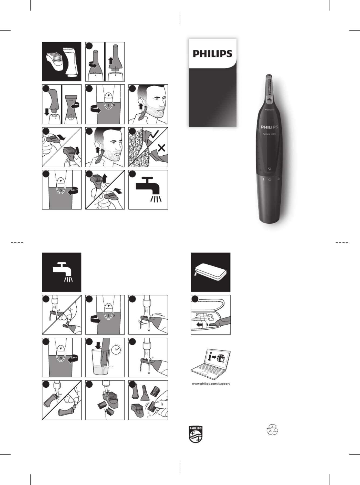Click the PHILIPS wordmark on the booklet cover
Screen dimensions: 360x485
point(212,53)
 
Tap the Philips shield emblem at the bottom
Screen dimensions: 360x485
point(196,434)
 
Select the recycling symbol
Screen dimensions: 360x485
point(272,430)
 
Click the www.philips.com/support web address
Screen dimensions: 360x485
point(211,384)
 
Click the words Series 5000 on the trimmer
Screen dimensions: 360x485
point(269,134)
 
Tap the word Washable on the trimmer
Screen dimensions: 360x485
point(269,110)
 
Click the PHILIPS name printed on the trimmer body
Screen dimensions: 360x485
point(269,127)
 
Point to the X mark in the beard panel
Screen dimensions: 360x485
point(161,148)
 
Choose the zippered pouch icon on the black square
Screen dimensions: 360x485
point(210,272)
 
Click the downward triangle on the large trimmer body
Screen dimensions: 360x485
point(270,169)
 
